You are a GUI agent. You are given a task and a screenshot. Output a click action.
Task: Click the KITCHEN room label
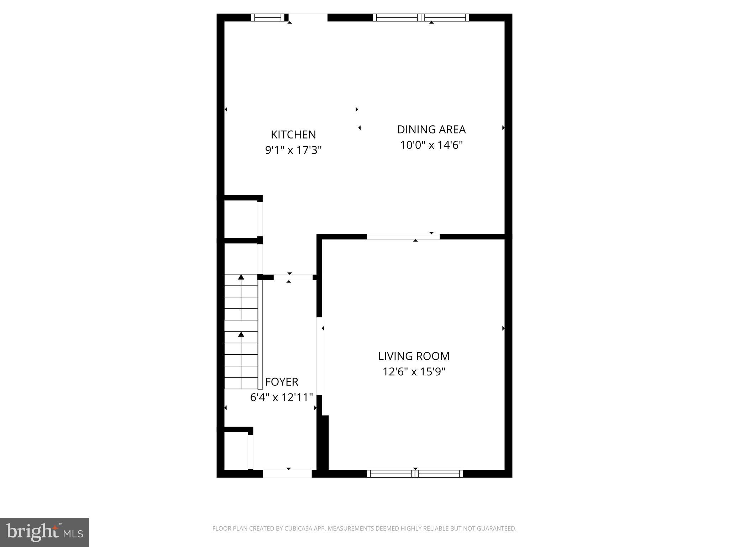(x=293, y=135)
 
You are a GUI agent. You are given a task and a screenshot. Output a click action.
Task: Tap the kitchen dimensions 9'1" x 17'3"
(x=293, y=150)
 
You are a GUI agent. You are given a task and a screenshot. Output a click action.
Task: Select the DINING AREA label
(x=431, y=129)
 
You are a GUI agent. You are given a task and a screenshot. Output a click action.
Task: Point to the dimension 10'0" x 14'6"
(x=431, y=145)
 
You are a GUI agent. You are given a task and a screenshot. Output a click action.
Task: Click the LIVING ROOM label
(x=414, y=356)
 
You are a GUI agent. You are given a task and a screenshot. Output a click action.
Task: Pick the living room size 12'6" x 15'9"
(x=414, y=372)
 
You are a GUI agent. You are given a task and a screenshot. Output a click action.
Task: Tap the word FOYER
(x=282, y=382)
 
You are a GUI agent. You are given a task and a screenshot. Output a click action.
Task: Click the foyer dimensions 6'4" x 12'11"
(x=282, y=397)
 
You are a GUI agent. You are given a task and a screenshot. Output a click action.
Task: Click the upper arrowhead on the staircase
(x=241, y=277)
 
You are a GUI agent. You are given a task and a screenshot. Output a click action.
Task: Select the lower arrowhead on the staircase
(x=241, y=334)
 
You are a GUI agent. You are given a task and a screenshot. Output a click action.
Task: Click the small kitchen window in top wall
(x=268, y=17)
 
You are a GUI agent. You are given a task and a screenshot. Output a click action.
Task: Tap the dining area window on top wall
(x=421, y=17)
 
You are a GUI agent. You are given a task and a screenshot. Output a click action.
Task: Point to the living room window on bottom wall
(x=415, y=474)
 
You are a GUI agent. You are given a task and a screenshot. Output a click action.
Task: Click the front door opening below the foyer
(x=287, y=474)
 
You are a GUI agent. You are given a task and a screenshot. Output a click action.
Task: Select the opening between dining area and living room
(x=403, y=236)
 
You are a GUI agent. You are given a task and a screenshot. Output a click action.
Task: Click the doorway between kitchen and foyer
(x=293, y=277)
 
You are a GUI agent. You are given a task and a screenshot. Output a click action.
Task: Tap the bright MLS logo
(x=44, y=532)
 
